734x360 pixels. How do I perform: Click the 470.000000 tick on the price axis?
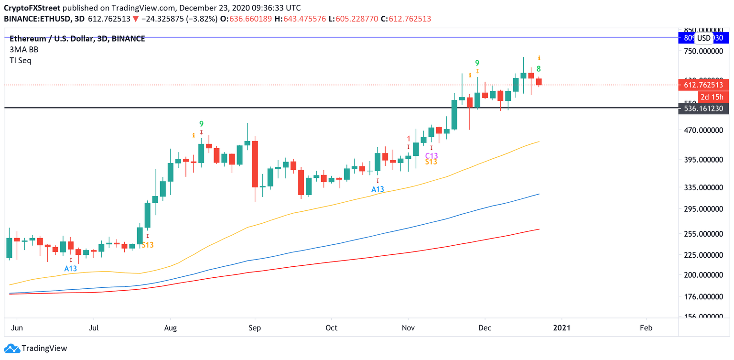[704, 130]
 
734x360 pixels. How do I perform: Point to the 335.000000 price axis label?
[704, 187]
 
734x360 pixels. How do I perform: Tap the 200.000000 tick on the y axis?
[704, 275]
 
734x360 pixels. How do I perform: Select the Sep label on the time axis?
[255, 328]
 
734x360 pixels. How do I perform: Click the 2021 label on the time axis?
[561, 328]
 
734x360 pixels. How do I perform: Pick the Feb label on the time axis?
[646, 328]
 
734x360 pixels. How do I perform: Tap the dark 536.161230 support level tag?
[704, 109]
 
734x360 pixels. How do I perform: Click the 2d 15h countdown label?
[712, 97]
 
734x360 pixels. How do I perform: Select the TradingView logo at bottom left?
[36, 349]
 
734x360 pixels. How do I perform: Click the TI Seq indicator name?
[21, 61]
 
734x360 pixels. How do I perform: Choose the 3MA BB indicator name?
[24, 50]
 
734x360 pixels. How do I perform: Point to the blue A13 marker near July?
[71, 269]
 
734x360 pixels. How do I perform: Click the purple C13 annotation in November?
[432, 156]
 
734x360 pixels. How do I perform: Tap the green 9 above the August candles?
[201, 124]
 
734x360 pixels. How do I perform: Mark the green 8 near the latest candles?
[539, 69]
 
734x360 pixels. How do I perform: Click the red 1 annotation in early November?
[409, 138]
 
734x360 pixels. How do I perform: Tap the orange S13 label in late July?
[147, 245]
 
